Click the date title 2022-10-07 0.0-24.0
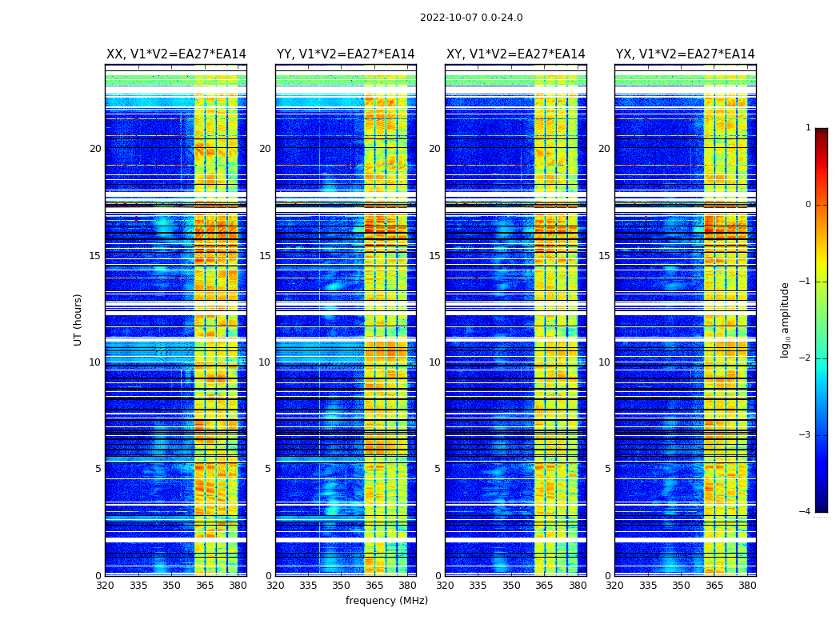pyautogui.click(x=471, y=18)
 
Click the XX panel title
pyautogui.click(x=176, y=54)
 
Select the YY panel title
pyautogui.click(x=346, y=54)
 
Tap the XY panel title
pyautogui.click(x=516, y=54)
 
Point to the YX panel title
pyautogui.click(x=686, y=54)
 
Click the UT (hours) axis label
pyautogui.click(x=78, y=319)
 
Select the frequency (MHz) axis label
pyautogui.click(x=386, y=601)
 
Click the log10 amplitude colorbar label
pyautogui.click(x=786, y=319)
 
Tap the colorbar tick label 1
pyautogui.click(x=808, y=128)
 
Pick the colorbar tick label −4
pyautogui.click(x=806, y=512)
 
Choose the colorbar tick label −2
pyautogui.click(x=806, y=358)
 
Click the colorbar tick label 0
pyautogui.click(x=808, y=205)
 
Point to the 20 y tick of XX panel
pyautogui.click(x=95, y=149)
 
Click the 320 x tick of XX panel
pyautogui.click(x=105, y=586)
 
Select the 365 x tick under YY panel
pyautogui.click(x=374, y=586)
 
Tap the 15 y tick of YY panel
pyautogui.click(x=265, y=256)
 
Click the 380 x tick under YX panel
pyautogui.click(x=747, y=586)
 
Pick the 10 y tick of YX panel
pyautogui.click(x=604, y=362)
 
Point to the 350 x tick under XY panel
pyautogui.click(x=511, y=586)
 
